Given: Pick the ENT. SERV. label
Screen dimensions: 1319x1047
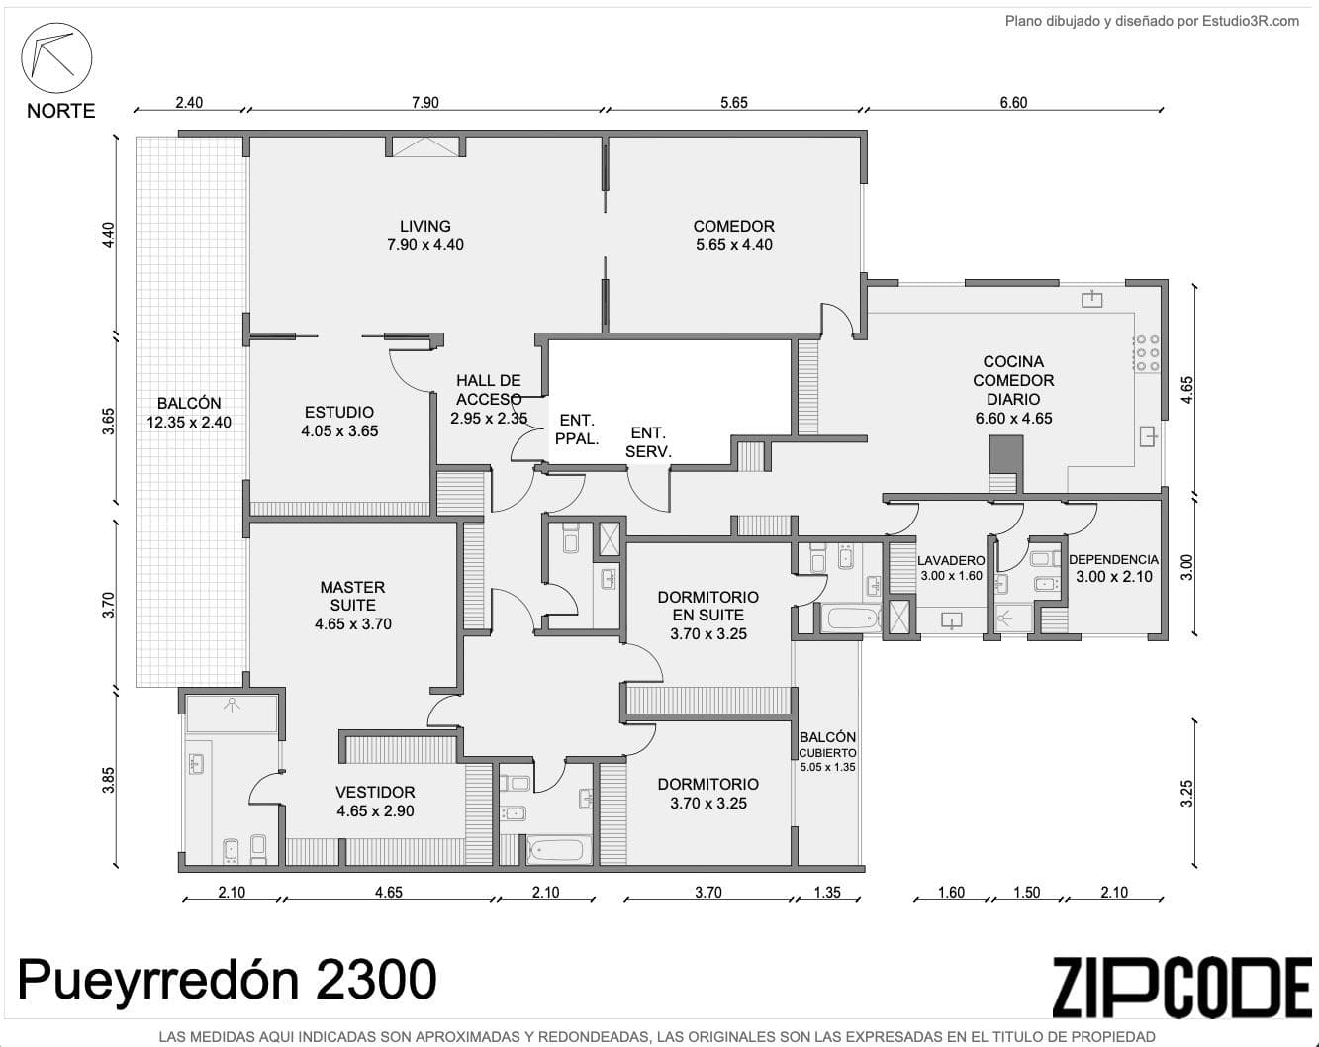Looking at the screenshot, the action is point(648,442).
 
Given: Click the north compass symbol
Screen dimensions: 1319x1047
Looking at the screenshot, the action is point(56,58).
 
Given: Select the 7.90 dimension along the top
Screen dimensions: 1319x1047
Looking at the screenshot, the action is point(425,102).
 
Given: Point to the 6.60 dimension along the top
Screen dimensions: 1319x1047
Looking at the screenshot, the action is point(1014,102).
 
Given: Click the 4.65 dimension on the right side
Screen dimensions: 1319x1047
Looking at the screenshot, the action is point(1187,390).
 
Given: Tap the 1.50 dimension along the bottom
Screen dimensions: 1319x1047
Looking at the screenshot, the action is point(1027,892).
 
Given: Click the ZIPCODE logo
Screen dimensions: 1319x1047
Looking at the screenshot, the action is point(1182,979).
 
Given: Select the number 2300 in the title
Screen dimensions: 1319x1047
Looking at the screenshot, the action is point(376,979).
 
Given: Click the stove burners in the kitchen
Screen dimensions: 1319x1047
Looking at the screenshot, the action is point(1148,353).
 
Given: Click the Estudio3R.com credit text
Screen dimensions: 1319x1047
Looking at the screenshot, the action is point(1251,21).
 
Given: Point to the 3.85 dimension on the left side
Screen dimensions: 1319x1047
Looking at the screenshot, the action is point(109,780).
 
